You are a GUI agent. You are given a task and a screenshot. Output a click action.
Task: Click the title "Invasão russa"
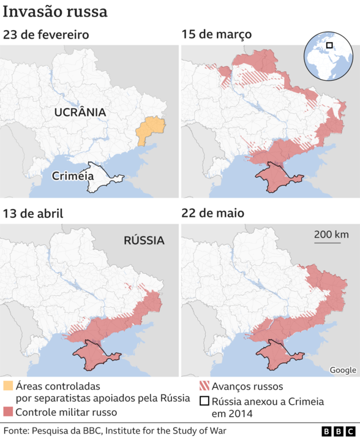pyautogui.click(x=55, y=12)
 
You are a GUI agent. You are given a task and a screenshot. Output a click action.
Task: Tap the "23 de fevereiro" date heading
pyautogui.click(x=46, y=35)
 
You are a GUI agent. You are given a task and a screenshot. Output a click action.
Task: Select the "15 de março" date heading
pyautogui.click(x=217, y=35)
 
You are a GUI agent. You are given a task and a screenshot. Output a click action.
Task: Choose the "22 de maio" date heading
pyautogui.click(x=213, y=214)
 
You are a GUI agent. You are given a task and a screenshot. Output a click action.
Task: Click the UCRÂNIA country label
pyautogui.click(x=80, y=113)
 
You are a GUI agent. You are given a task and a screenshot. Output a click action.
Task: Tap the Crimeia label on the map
pyautogui.click(x=72, y=176)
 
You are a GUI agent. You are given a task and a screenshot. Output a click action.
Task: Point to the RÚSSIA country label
pyautogui.click(x=144, y=241)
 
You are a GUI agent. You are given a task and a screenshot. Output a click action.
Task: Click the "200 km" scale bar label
pyautogui.click(x=331, y=234)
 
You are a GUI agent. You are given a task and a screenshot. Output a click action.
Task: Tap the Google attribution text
pyautogui.click(x=342, y=370)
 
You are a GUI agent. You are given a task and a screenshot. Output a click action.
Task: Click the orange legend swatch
pyautogui.click(x=8, y=386)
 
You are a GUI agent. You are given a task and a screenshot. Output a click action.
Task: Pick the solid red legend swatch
pyautogui.click(x=8, y=412)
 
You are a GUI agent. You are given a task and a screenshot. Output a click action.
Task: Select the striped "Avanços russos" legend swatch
pyautogui.click(x=204, y=386)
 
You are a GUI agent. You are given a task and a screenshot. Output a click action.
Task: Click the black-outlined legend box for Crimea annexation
pyautogui.click(x=204, y=402)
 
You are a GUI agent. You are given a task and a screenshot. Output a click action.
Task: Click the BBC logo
pyautogui.click(x=337, y=431)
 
